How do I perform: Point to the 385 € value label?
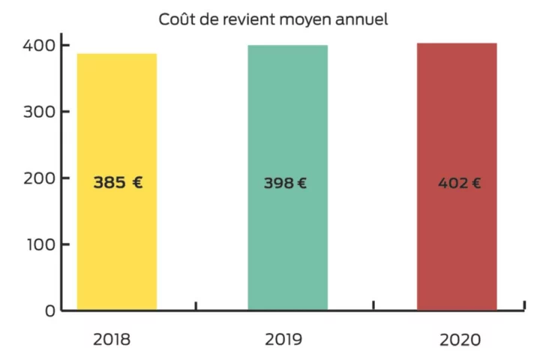[118, 182]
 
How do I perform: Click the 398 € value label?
[285, 183]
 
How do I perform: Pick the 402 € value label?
[460, 183]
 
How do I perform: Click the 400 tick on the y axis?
[38, 45]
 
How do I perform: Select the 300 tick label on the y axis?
[38, 112]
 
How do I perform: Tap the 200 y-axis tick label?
[38, 178]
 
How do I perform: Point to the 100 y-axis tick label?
[38, 244]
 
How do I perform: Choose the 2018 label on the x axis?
[112, 339]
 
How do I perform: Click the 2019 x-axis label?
[283, 339]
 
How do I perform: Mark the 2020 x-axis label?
[460, 340]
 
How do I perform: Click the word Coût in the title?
[175, 19]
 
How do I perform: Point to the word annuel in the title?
[362, 19]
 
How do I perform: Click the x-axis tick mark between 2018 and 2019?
[196, 306]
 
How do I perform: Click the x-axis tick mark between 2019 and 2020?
[373, 306]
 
